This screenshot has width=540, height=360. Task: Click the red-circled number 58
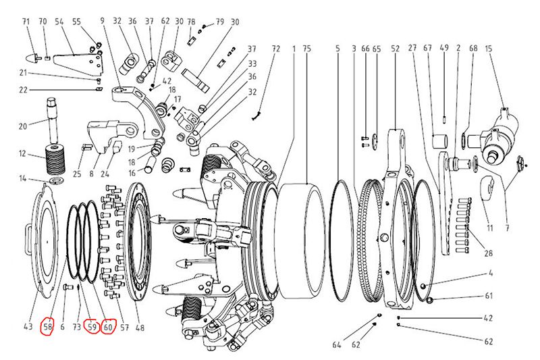point(48,327)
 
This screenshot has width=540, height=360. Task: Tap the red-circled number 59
point(92,327)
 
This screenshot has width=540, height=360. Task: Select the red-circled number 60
point(108,327)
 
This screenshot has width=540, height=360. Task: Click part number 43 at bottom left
point(28,327)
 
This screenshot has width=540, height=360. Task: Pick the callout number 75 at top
point(306,49)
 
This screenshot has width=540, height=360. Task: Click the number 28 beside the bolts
point(488,254)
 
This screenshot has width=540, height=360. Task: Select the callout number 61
point(489,296)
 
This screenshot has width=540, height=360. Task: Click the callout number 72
point(275,49)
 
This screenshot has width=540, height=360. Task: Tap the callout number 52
point(395,49)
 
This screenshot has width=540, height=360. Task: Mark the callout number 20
point(22,126)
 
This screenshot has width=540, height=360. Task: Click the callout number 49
point(443,49)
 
